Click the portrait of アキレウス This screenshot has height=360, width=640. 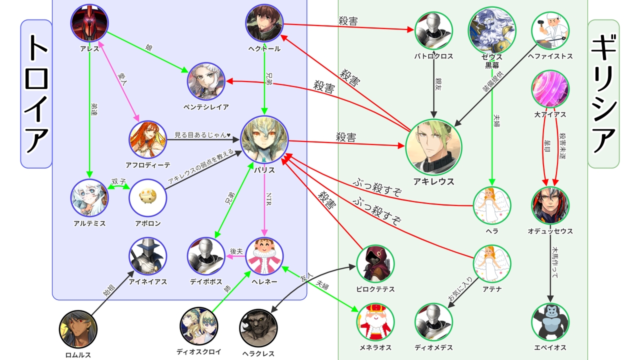click(x=433, y=147)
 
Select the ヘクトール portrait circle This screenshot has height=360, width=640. click(x=264, y=23)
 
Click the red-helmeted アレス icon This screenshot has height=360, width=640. click(x=89, y=23)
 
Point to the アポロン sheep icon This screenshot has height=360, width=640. click(x=147, y=197)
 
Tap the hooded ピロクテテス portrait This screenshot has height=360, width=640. click(x=375, y=263)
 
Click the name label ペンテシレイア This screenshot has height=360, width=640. click(x=206, y=107)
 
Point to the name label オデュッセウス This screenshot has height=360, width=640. click(x=550, y=231)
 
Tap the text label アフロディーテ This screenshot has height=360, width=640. click(x=147, y=165)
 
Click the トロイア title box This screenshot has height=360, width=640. click(x=36, y=93)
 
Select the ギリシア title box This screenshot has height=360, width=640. click(x=603, y=93)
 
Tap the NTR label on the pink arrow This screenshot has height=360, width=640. click(x=269, y=193)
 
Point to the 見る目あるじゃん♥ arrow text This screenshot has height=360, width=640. click(x=202, y=135)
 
